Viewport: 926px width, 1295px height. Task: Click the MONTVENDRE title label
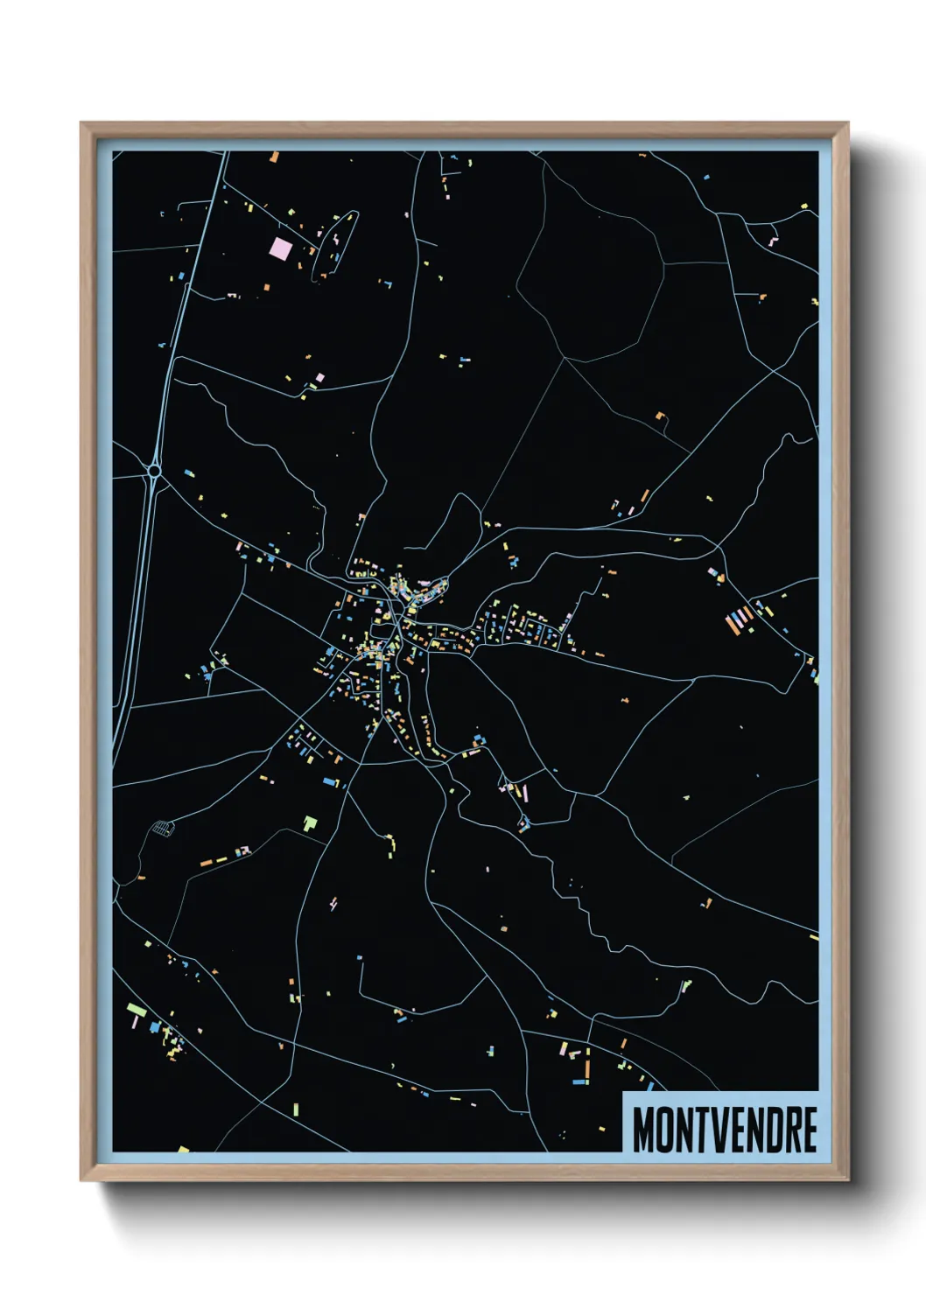point(724,1129)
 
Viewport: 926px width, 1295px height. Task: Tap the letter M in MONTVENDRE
point(645,1130)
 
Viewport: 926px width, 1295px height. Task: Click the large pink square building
point(281,248)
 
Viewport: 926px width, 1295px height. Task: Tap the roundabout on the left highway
point(154,471)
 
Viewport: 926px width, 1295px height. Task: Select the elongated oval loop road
point(335,243)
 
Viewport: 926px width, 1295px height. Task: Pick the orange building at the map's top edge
point(274,157)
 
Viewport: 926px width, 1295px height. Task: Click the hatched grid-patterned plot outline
point(162,827)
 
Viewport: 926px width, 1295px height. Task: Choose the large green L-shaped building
point(310,822)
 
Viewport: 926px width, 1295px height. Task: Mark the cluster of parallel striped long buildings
point(740,619)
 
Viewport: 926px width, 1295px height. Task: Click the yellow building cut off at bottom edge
point(184,1149)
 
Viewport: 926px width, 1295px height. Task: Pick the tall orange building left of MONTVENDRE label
point(587,1068)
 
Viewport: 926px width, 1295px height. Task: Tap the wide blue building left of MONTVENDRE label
point(579,1082)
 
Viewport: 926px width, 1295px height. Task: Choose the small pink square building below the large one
point(320,377)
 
